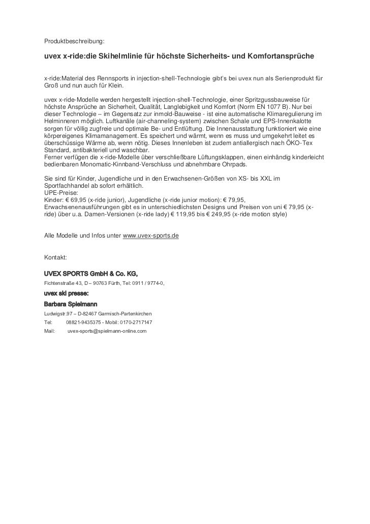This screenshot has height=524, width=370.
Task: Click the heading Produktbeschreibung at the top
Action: click(74, 40)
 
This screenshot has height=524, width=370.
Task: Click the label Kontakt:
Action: click(55, 258)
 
